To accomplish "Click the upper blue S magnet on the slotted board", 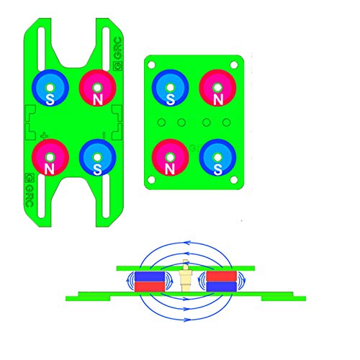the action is pyautogui.click(x=50, y=88).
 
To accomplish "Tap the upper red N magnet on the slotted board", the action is pyautogui.click(x=98, y=88).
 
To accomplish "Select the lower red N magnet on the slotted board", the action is pyautogui.click(x=50, y=158).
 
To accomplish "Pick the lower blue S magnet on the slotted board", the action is pyautogui.click(x=98, y=158).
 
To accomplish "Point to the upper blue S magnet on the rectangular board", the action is pyautogui.click(x=170, y=88).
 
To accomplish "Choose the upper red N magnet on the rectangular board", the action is pyautogui.click(x=217, y=88).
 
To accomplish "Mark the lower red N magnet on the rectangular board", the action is pyautogui.click(x=170, y=158).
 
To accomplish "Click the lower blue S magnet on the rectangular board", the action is pyautogui.click(x=217, y=158).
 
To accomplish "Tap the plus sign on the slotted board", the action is pyautogui.click(x=44, y=136).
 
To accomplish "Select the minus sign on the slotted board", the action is pyautogui.click(x=104, y=136).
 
